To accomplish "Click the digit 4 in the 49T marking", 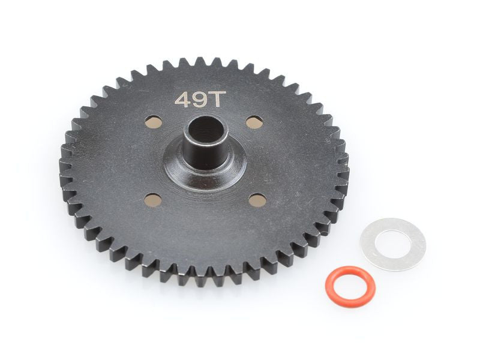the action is click(x=182, y=100).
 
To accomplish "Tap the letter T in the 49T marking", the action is click(x=214, y=99).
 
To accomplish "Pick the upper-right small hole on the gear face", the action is click(x=254, y=122).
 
